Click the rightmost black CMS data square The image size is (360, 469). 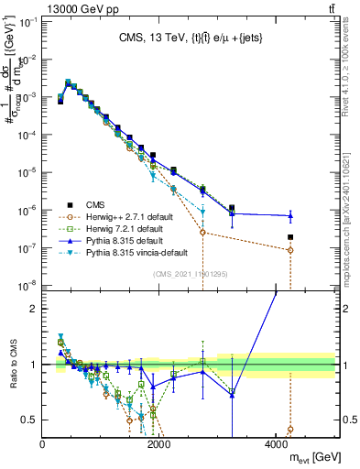pyautogui.click(x=290, y=237)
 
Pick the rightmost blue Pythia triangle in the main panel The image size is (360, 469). pyautogui.click(x=290, y=216)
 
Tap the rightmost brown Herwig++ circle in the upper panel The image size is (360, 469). pyautogui.click(x=290, y=250)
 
